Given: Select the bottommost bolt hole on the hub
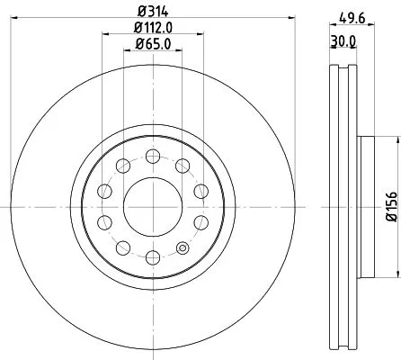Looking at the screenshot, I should click(x=152, y=258).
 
